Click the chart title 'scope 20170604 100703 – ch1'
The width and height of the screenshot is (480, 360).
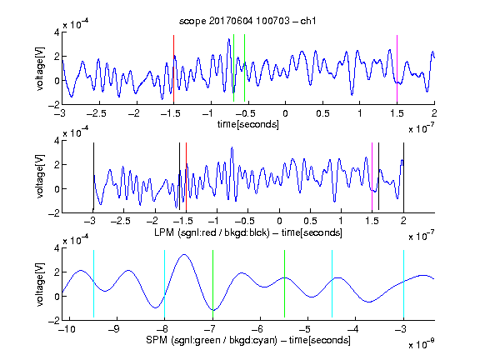click(x=247, y=21)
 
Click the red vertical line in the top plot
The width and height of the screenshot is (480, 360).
click(x=173, y=68)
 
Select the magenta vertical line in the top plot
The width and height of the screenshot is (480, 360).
click(x=397, y=68)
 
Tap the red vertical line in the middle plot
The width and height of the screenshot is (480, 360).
click(x=186, y=177)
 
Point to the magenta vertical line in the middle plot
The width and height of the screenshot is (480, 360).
click(x=372, y=177)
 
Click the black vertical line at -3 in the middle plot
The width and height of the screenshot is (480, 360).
click(x=93, y=177)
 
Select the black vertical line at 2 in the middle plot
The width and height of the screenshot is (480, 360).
click(x=403, y=177)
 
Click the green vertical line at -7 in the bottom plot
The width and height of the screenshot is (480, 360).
click(x=212, y=284)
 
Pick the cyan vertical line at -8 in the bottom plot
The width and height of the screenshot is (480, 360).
click(x=165, y=284)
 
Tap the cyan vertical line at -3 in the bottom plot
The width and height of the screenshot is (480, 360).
click(x=403, y=284)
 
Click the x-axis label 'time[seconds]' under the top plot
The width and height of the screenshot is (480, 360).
click(x=248, y=124)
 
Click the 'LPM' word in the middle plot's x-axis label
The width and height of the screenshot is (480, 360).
click(x=164, y=232)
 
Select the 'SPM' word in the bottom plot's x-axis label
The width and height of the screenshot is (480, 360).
click(x=157, y=340)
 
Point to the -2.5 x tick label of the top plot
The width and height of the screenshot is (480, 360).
click(x=97, y=113)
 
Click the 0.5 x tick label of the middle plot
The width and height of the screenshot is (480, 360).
click(x=310, y=221)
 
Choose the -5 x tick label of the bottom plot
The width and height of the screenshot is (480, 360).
click(x=305, y=329)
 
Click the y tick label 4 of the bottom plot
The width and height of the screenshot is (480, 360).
click(x=57, y=247)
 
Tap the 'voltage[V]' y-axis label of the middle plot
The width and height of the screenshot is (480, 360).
click(x=40, y=177)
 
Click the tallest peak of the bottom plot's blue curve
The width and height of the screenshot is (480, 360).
click(x=183, y=254)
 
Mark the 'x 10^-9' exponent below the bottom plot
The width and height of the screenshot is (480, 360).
click(x=421, y=344)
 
